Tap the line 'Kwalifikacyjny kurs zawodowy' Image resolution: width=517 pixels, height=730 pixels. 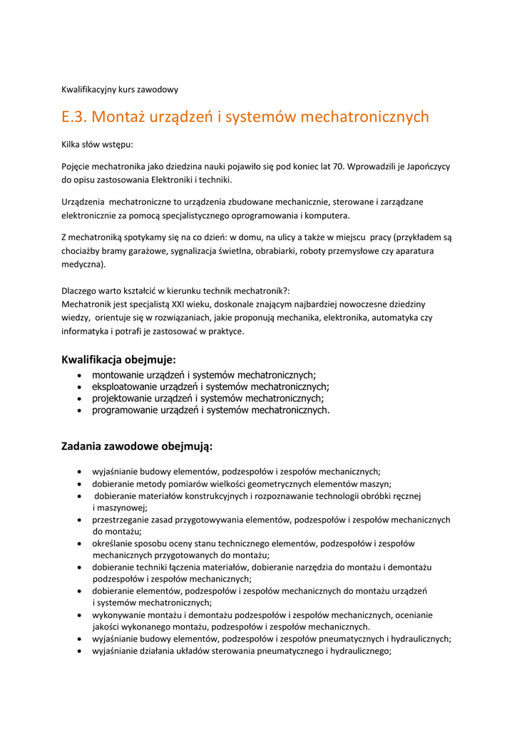coord(120,90)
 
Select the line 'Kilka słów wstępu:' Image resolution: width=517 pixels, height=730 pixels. coord(97,144)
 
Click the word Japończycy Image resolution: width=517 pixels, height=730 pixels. coord(425,166)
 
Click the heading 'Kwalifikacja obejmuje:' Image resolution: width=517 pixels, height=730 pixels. coord(118,359)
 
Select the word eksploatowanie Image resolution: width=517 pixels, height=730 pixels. coord(123,386)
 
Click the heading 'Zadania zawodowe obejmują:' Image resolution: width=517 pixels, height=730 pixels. coord(137,447)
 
